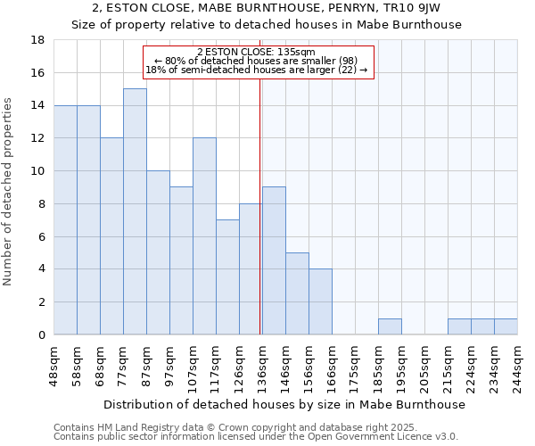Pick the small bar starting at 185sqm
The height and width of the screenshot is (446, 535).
(390, 326)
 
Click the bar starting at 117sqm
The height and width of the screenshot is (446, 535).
(227, 277)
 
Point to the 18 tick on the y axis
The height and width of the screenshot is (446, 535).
(37, 40)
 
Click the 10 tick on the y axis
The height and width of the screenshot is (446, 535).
(37, 171)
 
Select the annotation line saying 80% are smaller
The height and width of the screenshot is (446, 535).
(256, 61)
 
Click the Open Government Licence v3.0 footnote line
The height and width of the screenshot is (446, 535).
(256, 436)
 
